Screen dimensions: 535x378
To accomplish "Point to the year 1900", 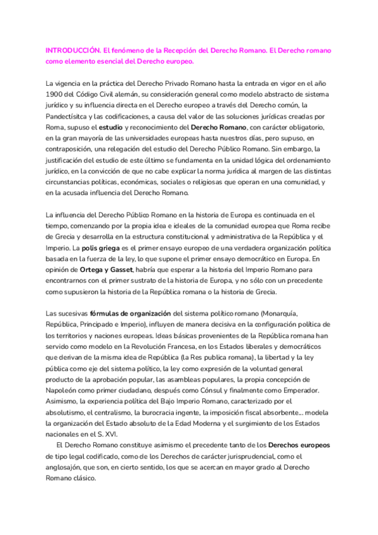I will [x=55, y=94].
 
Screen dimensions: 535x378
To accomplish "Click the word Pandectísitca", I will [x=69, y=116].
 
